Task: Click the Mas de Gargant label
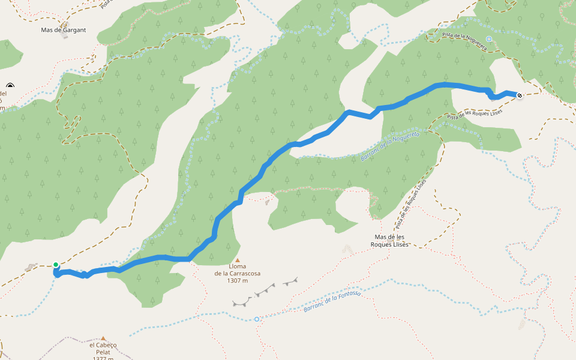pyautogui.click(x=63, y=29)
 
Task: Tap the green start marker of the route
pyautogui.click(x=56, y=265)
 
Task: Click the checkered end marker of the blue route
pyautogui.click(x=519, y=95)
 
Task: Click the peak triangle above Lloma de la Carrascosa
pyautogui.click(x=238, y=260)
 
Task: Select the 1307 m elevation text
pyautogui.click(x=238, y=281)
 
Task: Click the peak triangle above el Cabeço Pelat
pyautogui.click(x=103, y=338)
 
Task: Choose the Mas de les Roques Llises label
pyautogui.click(x=390, y=241)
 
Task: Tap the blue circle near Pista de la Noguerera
pyautogui.click(x=488, y=39)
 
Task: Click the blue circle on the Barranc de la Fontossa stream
pyautogui.click(x=256, y=319)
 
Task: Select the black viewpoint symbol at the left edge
pyautogui.click(x=10, y=86)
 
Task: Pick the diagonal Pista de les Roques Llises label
pyautogui.click(x=411, y=204)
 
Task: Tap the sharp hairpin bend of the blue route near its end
pyautogui.click(x=493, y=97)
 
